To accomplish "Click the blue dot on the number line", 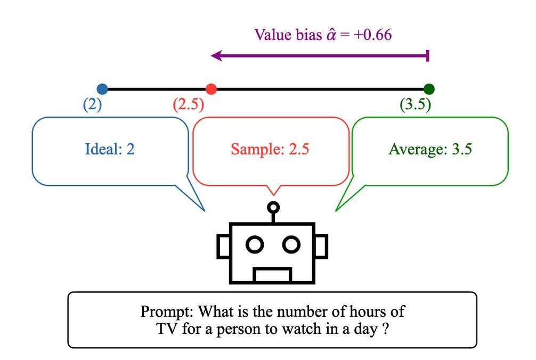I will pos(102,89).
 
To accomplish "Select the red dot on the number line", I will pos(210,89).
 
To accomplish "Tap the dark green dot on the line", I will pos(429,89).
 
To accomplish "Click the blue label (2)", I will pos(92,105).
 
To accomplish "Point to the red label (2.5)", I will pos(188,105).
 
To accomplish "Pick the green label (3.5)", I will pos(415,105).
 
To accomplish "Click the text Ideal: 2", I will pos(110,149).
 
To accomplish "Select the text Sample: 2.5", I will pos(270,149).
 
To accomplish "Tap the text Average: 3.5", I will pos(430,149).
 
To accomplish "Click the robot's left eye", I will pos(255,244).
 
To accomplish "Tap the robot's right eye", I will pos(291,244).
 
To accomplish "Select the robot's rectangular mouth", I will pos(272,275).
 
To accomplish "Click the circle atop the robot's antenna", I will pos(273,207).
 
